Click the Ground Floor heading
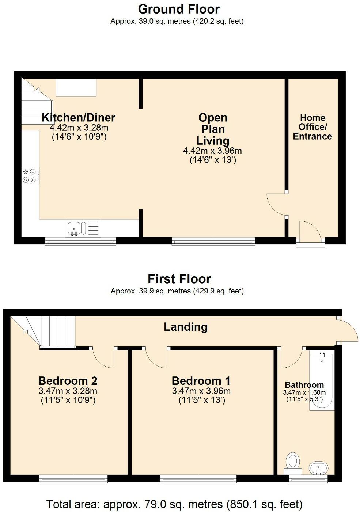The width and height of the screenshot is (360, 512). [x=179, y=9]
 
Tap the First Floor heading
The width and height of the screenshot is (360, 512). [x=179, y=279]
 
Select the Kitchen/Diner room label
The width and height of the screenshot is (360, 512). [x=78, y=118]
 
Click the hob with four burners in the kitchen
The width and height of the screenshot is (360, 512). [x=30, y=175]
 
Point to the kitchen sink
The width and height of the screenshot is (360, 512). [x=76, y=228]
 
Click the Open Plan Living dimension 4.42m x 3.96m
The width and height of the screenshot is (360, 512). [x=212, y=151]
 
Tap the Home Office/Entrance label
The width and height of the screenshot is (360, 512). [x=312, y=127]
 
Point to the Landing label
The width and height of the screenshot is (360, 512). [x=185, y=326]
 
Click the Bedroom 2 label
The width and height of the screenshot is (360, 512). [x=68, y=381]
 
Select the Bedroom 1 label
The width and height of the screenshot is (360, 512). [x=201, y=381]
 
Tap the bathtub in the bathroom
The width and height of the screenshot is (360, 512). [x=322, y=380]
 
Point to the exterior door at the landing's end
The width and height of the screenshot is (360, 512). [x=348, y=330]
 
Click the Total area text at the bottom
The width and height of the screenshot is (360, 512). [x=174, y=504]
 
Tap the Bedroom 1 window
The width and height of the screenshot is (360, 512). [x=198, y=478]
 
